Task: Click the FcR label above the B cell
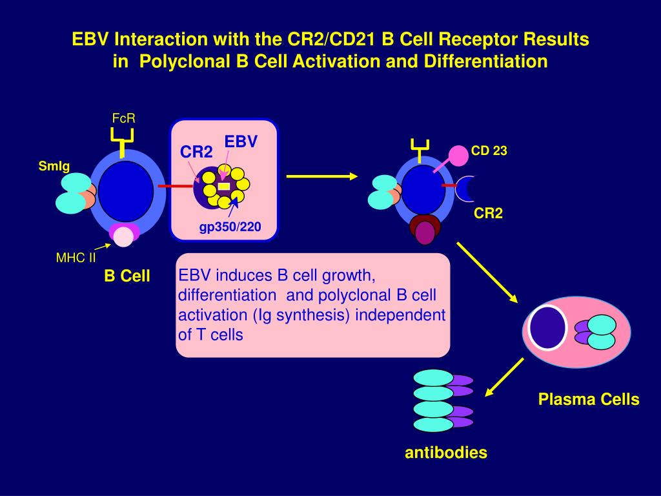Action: (123, 118)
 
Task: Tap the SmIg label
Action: (54, 166)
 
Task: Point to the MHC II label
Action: (76, 258)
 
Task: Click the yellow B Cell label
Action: (127, 276)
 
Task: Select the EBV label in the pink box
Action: (241, 141)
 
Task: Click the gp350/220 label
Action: (229, 227)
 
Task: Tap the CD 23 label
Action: (489, 151)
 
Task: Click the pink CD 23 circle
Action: (458, 156)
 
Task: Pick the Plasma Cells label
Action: (589, 400)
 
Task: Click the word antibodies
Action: (445, 453)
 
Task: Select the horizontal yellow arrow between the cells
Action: (321, 176)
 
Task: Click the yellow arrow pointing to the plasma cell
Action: (487, 273)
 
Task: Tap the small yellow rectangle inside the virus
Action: (224, 186)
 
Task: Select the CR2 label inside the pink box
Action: (196, 152)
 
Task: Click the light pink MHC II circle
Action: (124, 237)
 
